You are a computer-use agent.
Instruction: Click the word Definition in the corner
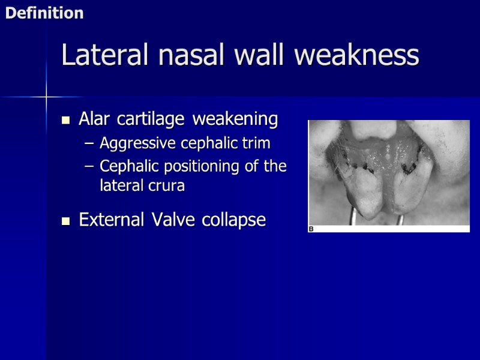[44, 13]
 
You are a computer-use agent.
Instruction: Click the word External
[114, 220]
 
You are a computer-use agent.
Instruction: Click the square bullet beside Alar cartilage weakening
[66, 120]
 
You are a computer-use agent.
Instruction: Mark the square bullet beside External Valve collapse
[66, 221]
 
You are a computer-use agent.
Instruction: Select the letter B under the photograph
[311, 229]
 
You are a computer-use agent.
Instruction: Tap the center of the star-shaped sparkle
[46, 96]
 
